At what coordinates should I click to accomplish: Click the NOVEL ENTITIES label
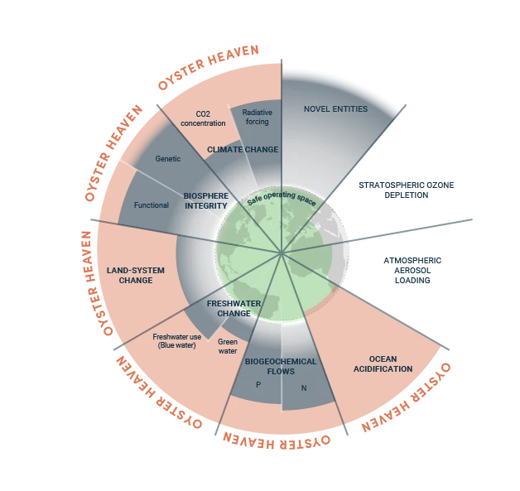click(x=335, y=109)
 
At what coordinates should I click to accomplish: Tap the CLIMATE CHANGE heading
click(x=242, y=150)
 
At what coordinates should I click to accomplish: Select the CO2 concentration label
click(x=203, y=118)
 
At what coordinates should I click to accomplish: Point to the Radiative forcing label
click(x=258, y=116)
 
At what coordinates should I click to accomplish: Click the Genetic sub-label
click(x=168, y=158)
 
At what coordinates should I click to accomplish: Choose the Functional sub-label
click(x=151, y=205)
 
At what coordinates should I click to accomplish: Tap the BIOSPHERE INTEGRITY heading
click(x=205, y=200)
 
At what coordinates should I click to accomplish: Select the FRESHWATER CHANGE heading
click(x=234, y=308)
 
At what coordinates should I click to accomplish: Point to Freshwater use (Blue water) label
click(x=176, y=340)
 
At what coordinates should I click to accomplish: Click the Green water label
click(x=227, y=346)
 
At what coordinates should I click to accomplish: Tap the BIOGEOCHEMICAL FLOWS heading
click(x=270, y=366)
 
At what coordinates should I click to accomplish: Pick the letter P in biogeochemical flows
click(x=258, y=385)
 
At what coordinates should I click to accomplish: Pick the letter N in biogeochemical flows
click(x=304, y=388)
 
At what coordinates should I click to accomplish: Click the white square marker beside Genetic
click(x=116, y=156)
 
